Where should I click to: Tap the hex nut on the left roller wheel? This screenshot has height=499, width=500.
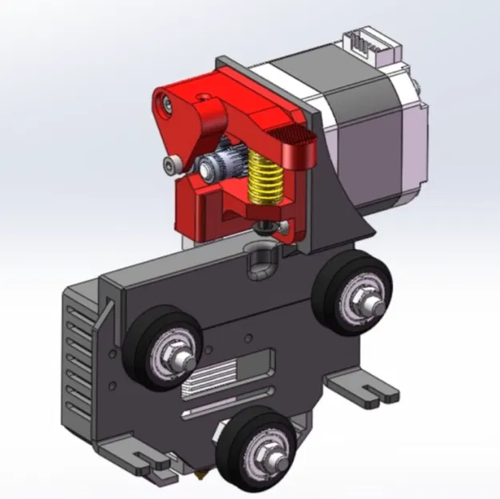coord(177,350)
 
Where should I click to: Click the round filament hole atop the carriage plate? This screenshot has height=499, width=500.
coord(260,259)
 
